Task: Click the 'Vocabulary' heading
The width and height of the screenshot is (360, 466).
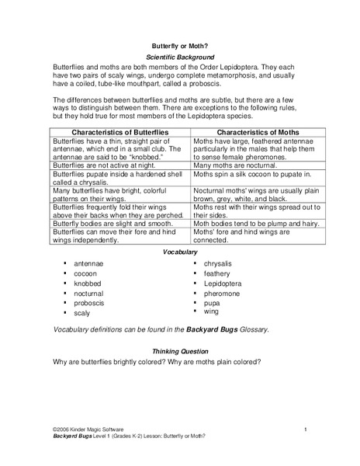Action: (x=180, y=252)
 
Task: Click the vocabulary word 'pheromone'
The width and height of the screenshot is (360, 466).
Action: (x=225, y=294)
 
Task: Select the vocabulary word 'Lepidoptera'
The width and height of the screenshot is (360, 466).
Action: (x=225, y=284)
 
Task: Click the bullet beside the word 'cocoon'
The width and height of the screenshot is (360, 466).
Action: (x=64, y=274)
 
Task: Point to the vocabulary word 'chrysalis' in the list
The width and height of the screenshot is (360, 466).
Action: (x=221, y=264)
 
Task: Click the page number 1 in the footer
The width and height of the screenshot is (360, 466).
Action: (x=306, y=429)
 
